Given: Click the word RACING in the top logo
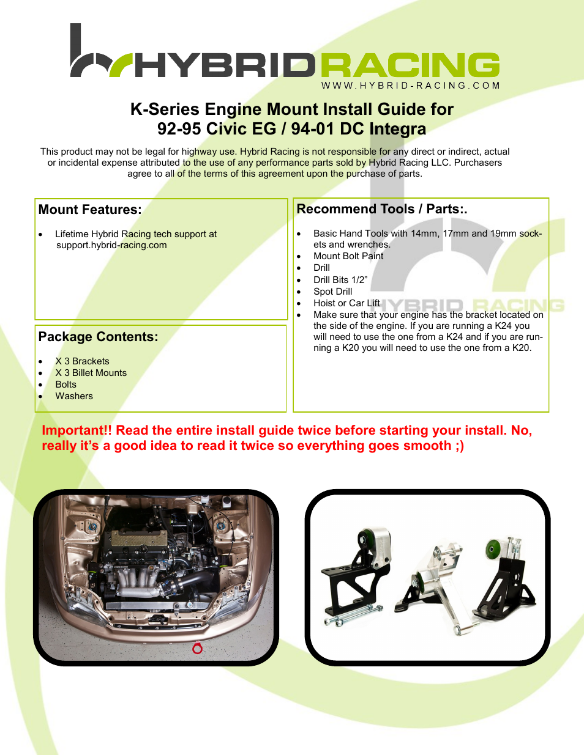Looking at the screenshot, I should pos(410,66).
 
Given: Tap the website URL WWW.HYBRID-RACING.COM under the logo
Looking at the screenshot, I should pos(410,86).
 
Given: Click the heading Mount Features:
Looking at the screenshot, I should pos(90,210).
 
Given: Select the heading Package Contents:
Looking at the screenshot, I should pos(98,337).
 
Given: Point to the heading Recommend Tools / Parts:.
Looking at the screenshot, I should pos(381,209).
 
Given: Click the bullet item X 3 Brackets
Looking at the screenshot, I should pos(82,361).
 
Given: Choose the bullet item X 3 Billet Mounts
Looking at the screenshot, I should pos(91,373).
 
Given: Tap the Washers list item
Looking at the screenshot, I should pos(74,396).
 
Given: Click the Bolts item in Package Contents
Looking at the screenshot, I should pos(66,385).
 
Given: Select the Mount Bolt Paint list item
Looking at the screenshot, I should pos(348,256).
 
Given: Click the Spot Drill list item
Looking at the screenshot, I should pos(332,292).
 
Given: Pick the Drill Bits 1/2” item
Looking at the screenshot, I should pos(340,280).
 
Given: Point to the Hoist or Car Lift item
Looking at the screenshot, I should pos(346,303).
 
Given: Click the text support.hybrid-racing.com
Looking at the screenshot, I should pos(111,245).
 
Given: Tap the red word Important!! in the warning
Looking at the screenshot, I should pos(77,430).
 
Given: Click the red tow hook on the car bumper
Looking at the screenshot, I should pos(197,647).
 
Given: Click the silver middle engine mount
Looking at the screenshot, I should pos(438,581).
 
